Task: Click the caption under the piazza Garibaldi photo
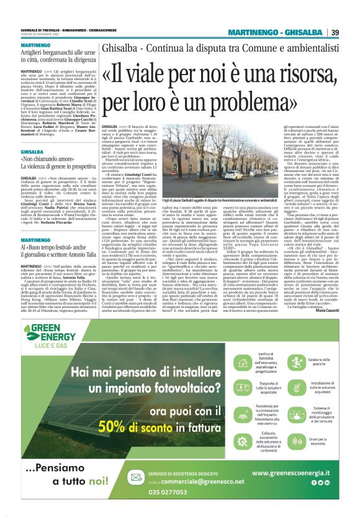click(x=209, y=201)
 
